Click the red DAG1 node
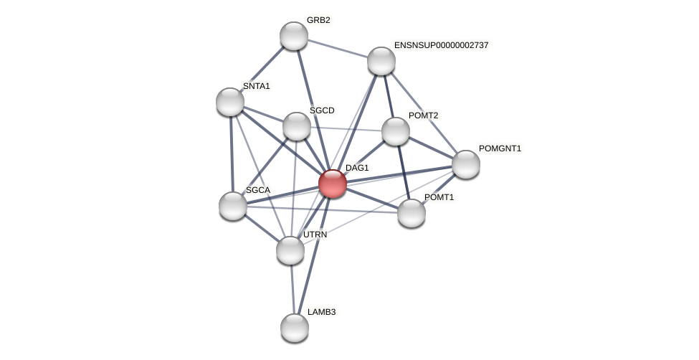pyautogui.click(x=332, y=184)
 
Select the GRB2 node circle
pyautogui.click(x=293, y=36)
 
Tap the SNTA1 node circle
pyautogui.click(x=230, y=102)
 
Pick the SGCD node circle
pyautogui.click(x=296, y=126)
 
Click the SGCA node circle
pyautogui.click(x=233, y=206)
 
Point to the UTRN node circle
pyautogui.click(x=290, y=250)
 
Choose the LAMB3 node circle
pyautogui.click(x=294, y=328)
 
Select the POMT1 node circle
pyautogui.click(x=411, y=213)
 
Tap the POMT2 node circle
pyautogui.click(x=395, y=131)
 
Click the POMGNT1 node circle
pyautogui.click(x=465, y=164)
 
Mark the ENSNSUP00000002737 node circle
pyautogui.click(x=381, y=61)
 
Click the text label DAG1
pyautogui.click(x=357, y=168)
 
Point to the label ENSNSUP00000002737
pyautogui.click(x=441, y=45)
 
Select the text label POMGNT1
pyautogui.click(x=500, y=148)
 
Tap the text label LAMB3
pyautogui.click(x=321, y=312)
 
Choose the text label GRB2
pyautogui.click(x=318, y=20)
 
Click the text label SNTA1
pyautogui.click(x=256, y=86)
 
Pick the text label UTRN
pyautogui.click(x=315, y=235)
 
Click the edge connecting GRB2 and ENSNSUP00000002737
pyautogui.click(x=337, y=48)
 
